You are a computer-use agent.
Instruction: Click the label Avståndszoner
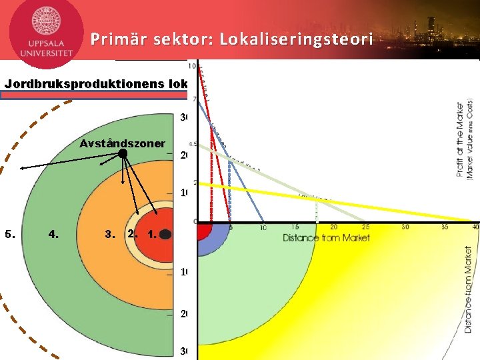click(x=122, y=143)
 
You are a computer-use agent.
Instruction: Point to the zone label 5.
click(x=9, y=234)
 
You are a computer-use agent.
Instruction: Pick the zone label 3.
click(x=110, y=234)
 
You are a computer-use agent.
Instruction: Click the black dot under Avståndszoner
click(x=123, y=154)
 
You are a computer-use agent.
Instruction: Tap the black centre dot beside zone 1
click(x=166, y=235)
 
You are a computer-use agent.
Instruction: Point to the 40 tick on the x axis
click(x=474, y=227)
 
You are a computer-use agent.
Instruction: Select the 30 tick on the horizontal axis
click(x=405, y=227)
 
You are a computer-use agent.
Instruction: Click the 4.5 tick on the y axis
click(x=193, y=143)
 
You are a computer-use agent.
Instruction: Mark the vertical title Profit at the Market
click(x=460, y=140)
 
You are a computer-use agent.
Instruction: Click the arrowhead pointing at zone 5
click(x=22, y=169)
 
